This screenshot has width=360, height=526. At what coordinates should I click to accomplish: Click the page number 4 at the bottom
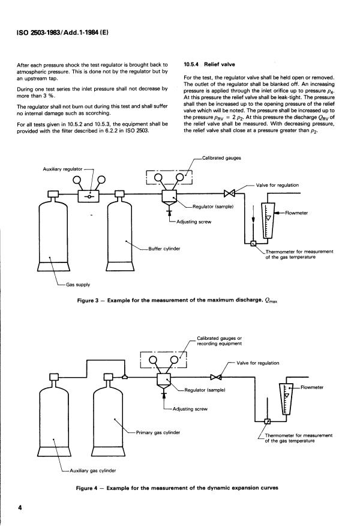[19, 507]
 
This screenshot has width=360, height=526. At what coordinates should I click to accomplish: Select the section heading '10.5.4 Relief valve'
[209, 64]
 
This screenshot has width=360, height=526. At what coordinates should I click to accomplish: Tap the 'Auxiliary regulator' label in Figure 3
[62, 169]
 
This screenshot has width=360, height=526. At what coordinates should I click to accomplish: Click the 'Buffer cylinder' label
[164, 249]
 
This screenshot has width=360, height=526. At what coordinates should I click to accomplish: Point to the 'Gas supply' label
[78, 285]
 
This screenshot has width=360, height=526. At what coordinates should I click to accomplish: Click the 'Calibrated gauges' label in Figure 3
[221, 158]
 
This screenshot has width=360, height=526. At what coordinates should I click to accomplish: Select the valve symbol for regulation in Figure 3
[229, 193]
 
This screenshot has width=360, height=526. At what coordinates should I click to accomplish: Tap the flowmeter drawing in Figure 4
[286, 399]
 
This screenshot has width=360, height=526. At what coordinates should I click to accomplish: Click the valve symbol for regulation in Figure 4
[216, 377]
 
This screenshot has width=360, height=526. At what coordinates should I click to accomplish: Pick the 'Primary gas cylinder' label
[158, 432]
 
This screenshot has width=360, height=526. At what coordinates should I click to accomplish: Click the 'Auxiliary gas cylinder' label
[93, 471]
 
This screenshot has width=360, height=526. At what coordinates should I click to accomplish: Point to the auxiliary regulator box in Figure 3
[88, 196]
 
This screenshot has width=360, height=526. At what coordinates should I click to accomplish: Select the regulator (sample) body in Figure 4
[164, 382]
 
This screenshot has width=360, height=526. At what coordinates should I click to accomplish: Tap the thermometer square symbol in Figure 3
[253, 243]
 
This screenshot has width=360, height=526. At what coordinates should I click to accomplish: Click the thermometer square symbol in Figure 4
[268, 422]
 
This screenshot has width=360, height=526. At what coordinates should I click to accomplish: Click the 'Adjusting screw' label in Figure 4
[190, 409]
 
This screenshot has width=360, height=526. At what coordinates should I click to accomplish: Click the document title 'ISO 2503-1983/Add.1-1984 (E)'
[62, 32]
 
